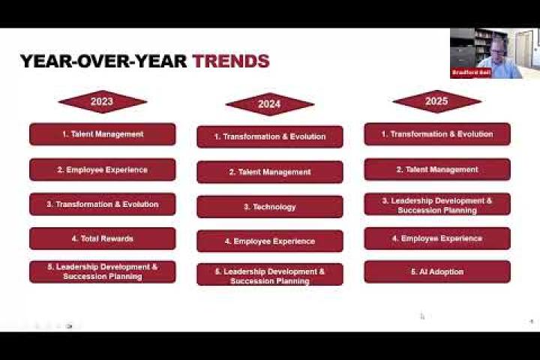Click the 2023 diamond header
(102, 102)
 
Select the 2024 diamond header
(270, 104)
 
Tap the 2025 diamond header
(436, 101)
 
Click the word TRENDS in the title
(231, 61)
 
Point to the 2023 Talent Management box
(102, 134)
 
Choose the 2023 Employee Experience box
(102, 169)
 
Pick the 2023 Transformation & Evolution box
(102, 204)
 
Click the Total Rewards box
(102, 238)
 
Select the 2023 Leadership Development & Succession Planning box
(102, 271)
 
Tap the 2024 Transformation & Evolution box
(270, 136)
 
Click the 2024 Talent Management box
(270, 172)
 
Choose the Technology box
(270, 207)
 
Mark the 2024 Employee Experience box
(270, 241)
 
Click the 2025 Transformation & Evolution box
(437, 134)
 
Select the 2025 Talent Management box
(437, 169)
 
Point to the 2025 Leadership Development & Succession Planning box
(437, 204)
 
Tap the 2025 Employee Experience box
(437, 238)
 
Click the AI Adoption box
(437, 271)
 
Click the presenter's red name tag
(471, 73)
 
